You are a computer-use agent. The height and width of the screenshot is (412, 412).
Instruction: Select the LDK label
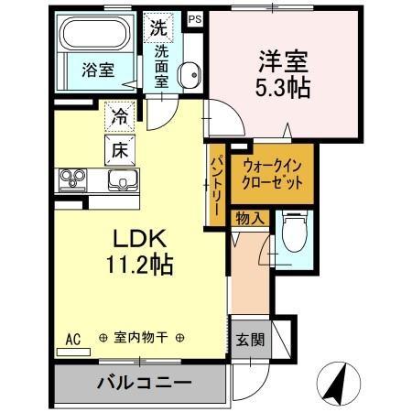click(x=139, y=240)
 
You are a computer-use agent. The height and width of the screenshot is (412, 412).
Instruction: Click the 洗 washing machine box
click(x=158, y=28)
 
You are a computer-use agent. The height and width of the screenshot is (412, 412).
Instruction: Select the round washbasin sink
click(x=190, y=76)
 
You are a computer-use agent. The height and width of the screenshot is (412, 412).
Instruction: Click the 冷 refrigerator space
click(x=120, y=116)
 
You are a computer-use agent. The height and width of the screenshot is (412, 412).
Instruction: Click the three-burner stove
click(x=72, y=179)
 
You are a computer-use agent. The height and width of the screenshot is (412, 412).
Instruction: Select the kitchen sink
click(x=120, y=179)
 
